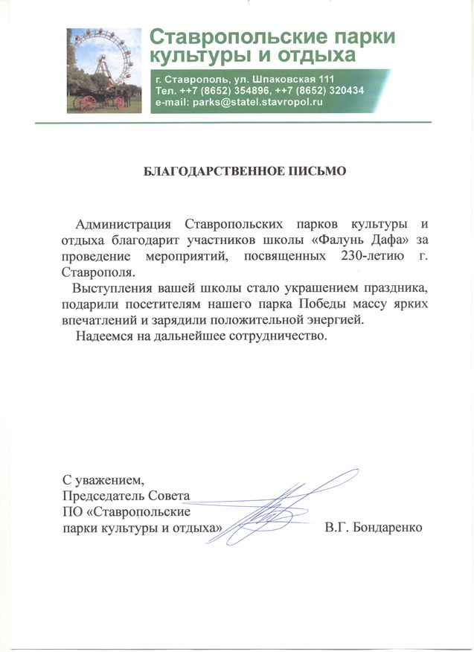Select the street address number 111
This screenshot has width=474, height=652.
324,79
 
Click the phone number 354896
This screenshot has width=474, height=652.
246,90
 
